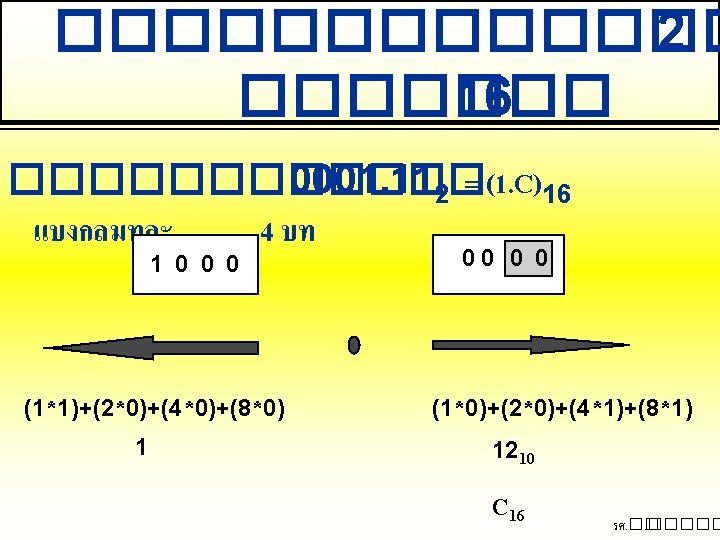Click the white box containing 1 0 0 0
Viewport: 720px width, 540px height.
tap(195, 264)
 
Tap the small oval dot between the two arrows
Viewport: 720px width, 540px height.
tap(353, 345)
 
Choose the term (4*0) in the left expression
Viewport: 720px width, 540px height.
tap(191, 408)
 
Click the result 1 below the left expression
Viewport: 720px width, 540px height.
tap(143, 448)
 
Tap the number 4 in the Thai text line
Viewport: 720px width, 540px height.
tap(265, 233)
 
